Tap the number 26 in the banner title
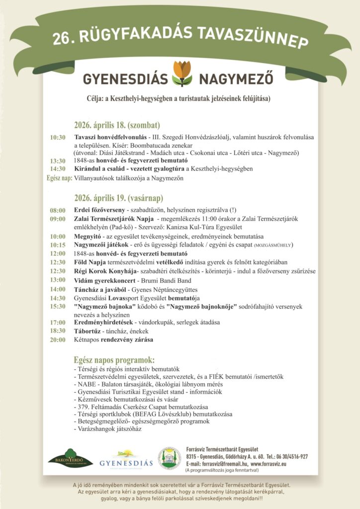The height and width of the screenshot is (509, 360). tap(62, 40)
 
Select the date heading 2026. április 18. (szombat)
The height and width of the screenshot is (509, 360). tap(117, 125)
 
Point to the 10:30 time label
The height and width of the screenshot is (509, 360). tap(58, 137)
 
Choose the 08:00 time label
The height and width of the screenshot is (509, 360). tap(58, 211)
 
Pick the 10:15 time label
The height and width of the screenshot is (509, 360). tap(58, 245)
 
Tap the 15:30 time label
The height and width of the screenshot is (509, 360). tap(58, 307)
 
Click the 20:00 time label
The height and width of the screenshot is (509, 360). tap(58, 340)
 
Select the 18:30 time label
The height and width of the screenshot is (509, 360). tap(58, 331)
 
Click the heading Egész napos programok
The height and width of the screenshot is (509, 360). tap(114, 360)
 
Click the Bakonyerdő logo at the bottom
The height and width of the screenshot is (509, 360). tap(70, 458)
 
